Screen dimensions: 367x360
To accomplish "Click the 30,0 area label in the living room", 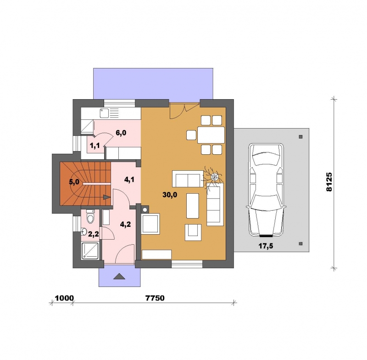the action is (x=170, y=195).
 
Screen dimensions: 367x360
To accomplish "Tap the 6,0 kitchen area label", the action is (x=121, y=133).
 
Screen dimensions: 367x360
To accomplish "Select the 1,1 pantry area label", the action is (x=95, y=146).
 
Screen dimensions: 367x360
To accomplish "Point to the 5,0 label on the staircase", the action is (x=74, y=182).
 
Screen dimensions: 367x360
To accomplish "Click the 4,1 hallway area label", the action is (x=129, y=180).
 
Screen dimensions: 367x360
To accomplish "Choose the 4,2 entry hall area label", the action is (x=125, y=225).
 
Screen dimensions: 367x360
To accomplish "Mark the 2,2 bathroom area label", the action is (x=94, y=234).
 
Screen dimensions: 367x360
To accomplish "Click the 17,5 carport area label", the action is (x=266, y=246).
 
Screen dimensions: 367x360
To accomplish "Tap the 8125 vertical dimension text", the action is (x=329, y=182).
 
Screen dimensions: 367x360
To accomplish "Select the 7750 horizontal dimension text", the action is (x=155, y=298).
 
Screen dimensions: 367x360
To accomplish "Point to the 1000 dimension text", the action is (x=64, y=298).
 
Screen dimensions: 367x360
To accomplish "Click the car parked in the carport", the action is (x=266, y=190).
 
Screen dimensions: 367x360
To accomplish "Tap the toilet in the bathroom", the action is (x=90, y=217).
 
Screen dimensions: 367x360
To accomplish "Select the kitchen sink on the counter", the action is (x=103, y=113).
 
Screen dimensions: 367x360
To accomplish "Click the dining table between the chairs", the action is (x=211, y=135).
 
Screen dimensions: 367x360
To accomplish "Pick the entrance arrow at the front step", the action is (x=119, y=276).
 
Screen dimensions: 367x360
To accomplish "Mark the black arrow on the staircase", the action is (x=107, y=197).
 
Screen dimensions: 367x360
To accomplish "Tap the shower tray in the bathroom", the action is (x=90, y=251).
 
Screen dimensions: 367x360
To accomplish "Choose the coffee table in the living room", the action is (x=193, y=206).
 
